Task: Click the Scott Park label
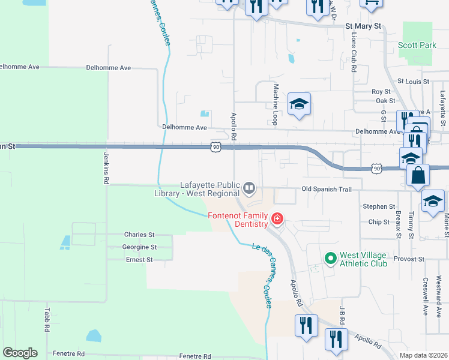point(417,45)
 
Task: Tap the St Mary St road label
point(364,26)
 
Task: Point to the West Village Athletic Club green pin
point(330,259)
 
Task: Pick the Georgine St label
point(139,247)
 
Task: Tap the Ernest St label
point(139,260)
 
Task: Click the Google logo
point(20,353)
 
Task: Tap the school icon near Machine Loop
point(299,104)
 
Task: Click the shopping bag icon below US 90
point(418,176)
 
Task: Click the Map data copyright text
point(423,356)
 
